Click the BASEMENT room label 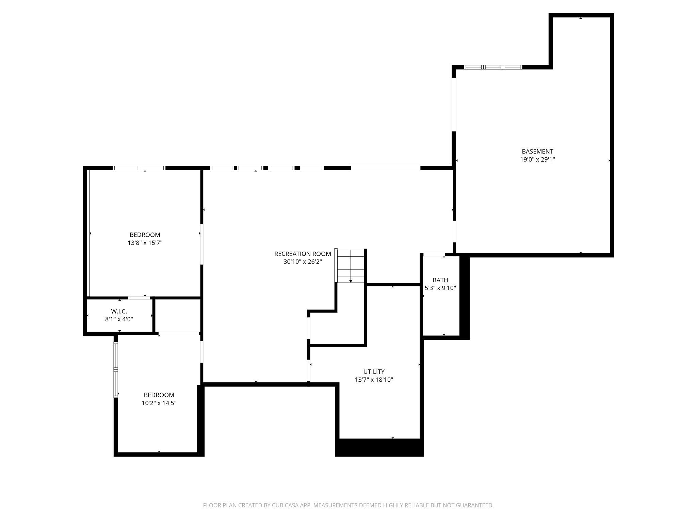[x=537, y=151]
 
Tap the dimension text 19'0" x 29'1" [x=537, y=159]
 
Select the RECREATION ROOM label [x=303, y=254]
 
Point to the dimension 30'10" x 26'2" [x=303, y=262]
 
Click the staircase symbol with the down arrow [x=351, y=266]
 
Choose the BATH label [x=440, y=280]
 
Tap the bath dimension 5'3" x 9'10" [x=440, y=288]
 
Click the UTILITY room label [x=374, y=371]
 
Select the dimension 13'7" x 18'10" [x=374, y=380]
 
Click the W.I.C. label [x=119, y=311]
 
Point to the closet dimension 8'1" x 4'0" [x=119, y=319]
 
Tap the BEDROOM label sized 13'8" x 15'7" [x=145, y=235]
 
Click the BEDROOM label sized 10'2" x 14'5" [x=159, y=395]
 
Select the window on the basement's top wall [x=493, y=67]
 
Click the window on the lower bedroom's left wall [x=116, y=369]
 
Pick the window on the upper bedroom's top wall [x=139, y=168]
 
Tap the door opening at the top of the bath [x=434, y=255]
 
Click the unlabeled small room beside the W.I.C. [x=178, y=315]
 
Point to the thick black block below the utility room [x=379, y=448]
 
